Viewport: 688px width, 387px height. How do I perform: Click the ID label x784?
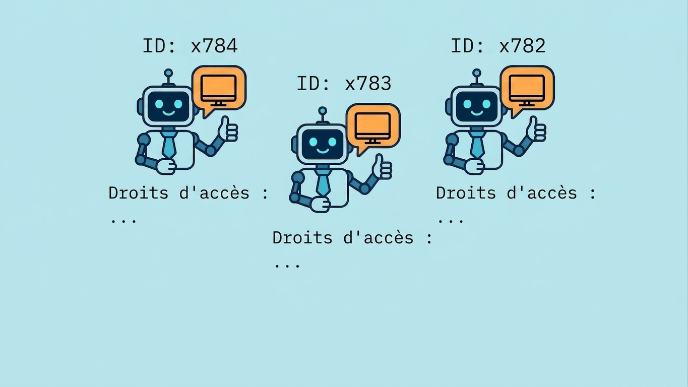(190, 46)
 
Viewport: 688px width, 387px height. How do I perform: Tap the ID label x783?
(344, 84)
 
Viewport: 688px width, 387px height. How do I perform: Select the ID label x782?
(498, 46)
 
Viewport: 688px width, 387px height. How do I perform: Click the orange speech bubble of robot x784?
(219, 90)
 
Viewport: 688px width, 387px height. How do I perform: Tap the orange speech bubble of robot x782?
(527, 90)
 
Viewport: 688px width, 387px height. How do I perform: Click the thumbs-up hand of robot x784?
(228, 130)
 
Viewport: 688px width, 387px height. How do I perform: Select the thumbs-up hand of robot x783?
(382, 167)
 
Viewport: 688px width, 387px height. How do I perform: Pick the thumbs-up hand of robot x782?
(536, 130)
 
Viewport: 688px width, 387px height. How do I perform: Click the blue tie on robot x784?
(169, 144)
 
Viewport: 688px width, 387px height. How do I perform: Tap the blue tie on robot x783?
(323, 182)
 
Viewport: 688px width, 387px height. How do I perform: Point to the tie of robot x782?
(477, 144)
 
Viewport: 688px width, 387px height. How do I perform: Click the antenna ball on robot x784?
(168, 73)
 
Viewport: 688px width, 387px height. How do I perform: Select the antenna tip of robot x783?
(323, 111)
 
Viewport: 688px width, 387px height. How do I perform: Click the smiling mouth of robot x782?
(477, 113)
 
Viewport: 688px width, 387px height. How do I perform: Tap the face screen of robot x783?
(323, 144)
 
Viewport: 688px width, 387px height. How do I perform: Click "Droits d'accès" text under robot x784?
(179, 193)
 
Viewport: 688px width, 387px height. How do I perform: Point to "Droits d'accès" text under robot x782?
(507, 193)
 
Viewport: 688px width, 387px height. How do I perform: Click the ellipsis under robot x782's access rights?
(451, 221)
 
